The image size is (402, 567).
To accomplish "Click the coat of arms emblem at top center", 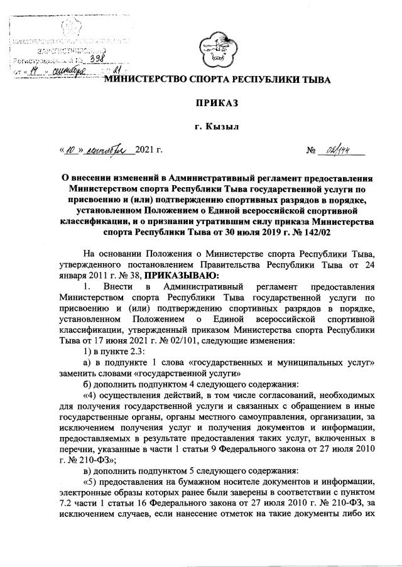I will click(x=215, y=49).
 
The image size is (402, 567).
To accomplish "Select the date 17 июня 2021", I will click(x=85, y=339).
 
